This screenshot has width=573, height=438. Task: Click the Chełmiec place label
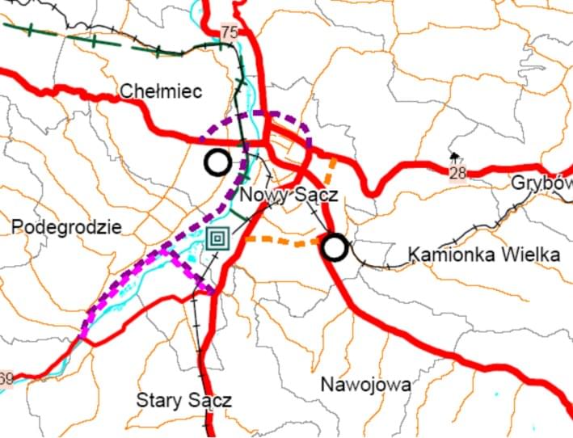[x=160, y=91]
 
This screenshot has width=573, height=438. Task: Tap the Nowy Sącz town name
[x=289, y=194]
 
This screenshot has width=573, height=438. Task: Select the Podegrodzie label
[x=67, y=227]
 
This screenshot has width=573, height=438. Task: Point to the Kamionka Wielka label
[x=484, y=255]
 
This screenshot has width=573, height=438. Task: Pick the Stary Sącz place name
[x=184, y=400]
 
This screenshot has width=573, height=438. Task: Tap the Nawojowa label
[x=365, y=384]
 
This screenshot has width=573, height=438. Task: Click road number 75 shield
[x=230, y=32]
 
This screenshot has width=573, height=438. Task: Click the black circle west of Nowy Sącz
[x=217, y=162]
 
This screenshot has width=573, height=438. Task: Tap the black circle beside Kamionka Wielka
[x=335, y=247]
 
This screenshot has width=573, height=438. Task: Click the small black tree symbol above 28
[x=455, y=156]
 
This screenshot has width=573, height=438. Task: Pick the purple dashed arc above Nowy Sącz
[x=267, y=116]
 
